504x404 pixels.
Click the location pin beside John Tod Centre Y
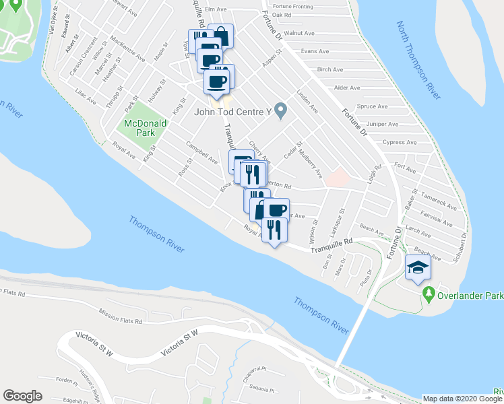coord(283,111)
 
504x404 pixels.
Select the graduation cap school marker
coord(418,268)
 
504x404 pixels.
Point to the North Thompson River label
coord(418,61)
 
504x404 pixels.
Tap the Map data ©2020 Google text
coord(462,399)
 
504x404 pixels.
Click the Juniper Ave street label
coord(385,125)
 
